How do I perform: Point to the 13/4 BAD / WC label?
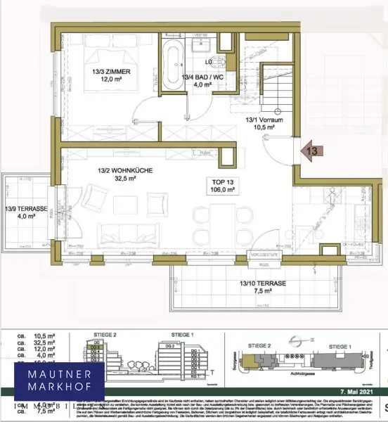pyautogui.click(x=203, y=77)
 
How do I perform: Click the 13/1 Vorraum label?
pyautogui.click(x=263, y=120)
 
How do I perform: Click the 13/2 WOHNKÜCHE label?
pyautogui.click(x=125, y=171)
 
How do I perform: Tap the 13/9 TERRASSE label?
pyautogui.click(x=25, y=208)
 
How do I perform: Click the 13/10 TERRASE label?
pyautogui.click(x=256, y=283)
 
